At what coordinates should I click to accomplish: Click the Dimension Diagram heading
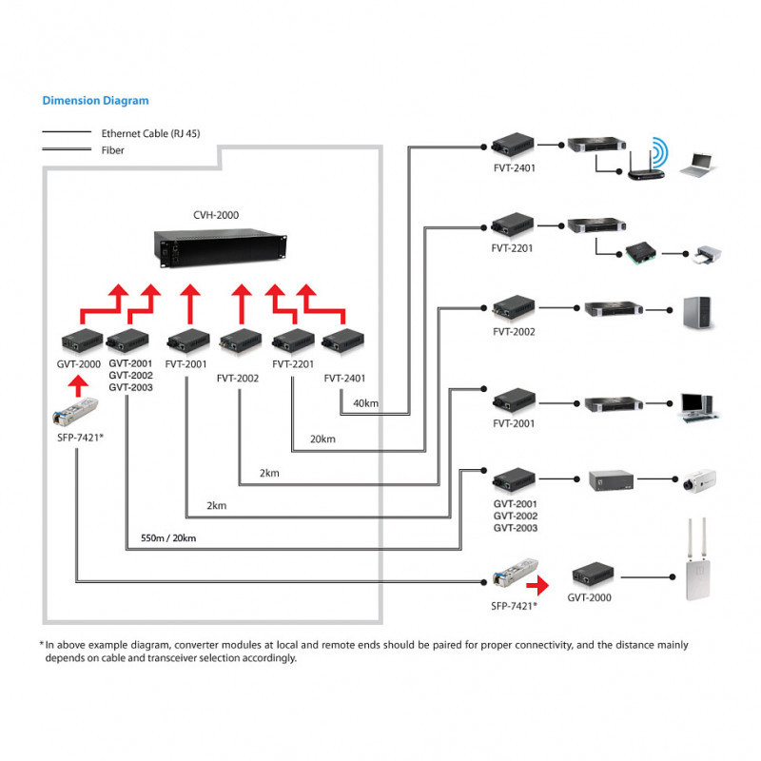point(95,100)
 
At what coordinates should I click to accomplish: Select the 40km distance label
point(365,404)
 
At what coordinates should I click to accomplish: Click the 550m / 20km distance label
point(168,537)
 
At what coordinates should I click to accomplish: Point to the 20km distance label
point(322,439)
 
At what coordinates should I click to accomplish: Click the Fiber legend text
point(112,149)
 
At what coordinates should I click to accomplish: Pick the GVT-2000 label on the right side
point(590,597)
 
